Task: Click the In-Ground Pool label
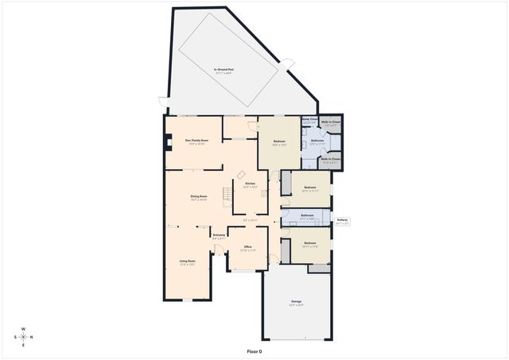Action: [x=223, y=71]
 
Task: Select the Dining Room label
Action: [x=199, y=197]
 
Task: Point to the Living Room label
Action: [x=187, y=261]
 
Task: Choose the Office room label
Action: [x=247, y=248]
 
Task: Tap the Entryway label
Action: [x=219, y=235]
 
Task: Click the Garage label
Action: [x=296, y=302]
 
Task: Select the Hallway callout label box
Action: [x=342, y=222]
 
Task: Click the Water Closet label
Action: [x=309, y=121]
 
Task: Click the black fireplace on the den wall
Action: [x=169, y=144]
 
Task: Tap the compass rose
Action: [x=24, y=337]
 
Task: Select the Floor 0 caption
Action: [x=254, y=350]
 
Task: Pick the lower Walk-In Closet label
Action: [x=331, y=160]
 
